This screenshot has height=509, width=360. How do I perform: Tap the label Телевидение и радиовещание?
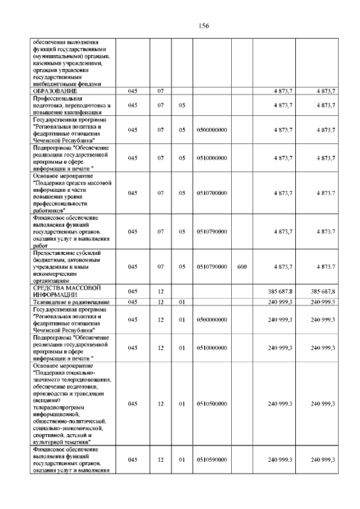(71, 302)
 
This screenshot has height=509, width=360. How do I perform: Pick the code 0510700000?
(212, 193)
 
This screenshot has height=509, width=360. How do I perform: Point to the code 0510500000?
(212, 403)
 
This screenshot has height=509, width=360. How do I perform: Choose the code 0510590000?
(212, 460)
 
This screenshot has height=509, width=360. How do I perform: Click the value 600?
(242, 267)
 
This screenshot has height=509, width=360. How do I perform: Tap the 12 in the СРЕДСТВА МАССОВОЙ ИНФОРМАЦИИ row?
(160, 291)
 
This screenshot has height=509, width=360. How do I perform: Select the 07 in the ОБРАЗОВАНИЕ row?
(160, 91)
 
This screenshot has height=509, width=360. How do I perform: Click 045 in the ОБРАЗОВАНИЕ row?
(132, 91)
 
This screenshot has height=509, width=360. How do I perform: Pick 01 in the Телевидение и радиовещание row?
(182, 302)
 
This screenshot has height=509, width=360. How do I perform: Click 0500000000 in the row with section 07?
(212, 130)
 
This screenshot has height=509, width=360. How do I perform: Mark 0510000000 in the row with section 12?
(212, 348)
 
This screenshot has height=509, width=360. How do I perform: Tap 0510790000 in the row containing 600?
(212, 267)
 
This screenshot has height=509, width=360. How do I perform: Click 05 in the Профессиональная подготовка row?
(182, 105)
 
